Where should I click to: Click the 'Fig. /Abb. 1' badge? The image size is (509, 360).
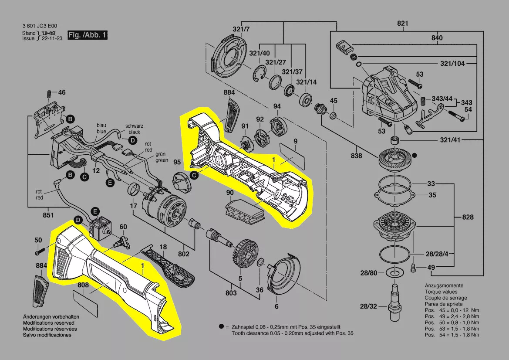(87, 35)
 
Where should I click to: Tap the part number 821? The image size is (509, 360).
(402, 24)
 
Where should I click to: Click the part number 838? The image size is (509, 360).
(357, 156)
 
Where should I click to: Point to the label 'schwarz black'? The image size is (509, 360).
(134, 129)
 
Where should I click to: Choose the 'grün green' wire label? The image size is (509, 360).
(162, 157)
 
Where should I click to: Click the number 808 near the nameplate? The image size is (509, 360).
(83, 285)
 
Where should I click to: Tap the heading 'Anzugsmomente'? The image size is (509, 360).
(443, 285)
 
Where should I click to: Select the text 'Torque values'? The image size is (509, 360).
(441, 292)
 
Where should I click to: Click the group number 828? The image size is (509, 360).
(468, 217)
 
